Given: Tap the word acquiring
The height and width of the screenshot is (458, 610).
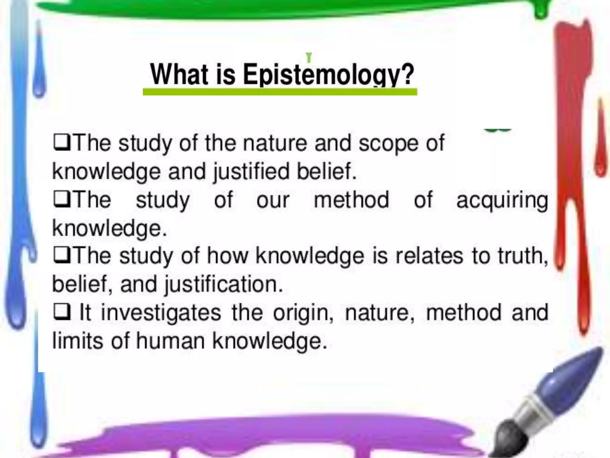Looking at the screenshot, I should (502, 200).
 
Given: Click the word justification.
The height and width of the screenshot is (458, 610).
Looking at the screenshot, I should (224, 284).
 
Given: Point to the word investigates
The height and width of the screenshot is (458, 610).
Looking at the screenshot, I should (161, 313).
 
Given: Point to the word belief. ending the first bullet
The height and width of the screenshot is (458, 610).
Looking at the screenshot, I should (327, 172).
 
